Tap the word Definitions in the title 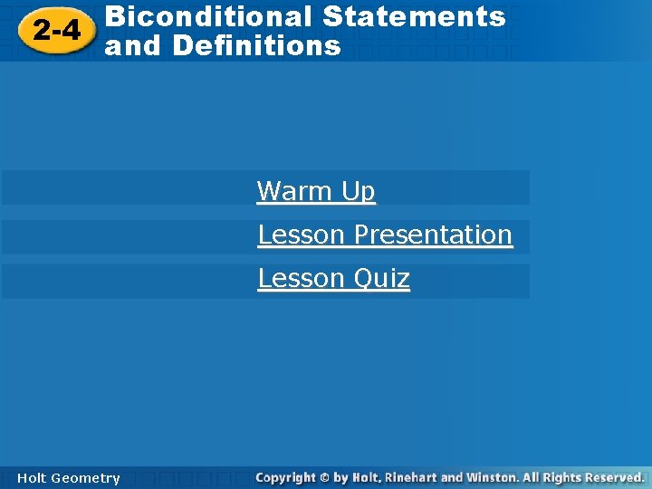pyautogui.click(x=256, y=45)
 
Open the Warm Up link pyautogui.click(x=316, y=191)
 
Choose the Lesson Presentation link pyautogui.click(x=385, y=235)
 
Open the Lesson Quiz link pyautogui.click(x=333, y=278)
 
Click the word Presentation pyautogui.click(x=433, y=235)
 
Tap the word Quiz pyautogui.click(x=381, y=278)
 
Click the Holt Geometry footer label pyautogui.click(x=68, y=478)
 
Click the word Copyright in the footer pyautogui.click(x=286, y=477)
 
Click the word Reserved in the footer pyautogui.click(x=612, y=477)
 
